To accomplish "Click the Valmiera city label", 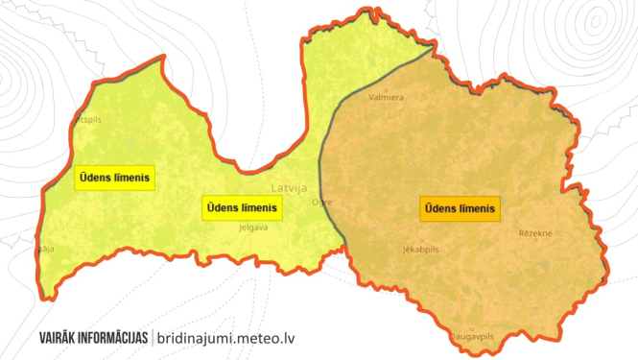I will [386, 97].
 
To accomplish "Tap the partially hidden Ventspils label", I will [86, 120].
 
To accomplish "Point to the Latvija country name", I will [289, 188].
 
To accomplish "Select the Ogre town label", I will [322, 203].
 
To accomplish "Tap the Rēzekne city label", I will [535, 233].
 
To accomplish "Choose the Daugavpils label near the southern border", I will [472, 337].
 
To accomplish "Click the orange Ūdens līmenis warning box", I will [460, 207].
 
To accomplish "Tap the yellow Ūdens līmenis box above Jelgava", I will [240, 207].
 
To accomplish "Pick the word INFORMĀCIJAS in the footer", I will [115, 338].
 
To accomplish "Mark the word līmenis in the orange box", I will [478, 207].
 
